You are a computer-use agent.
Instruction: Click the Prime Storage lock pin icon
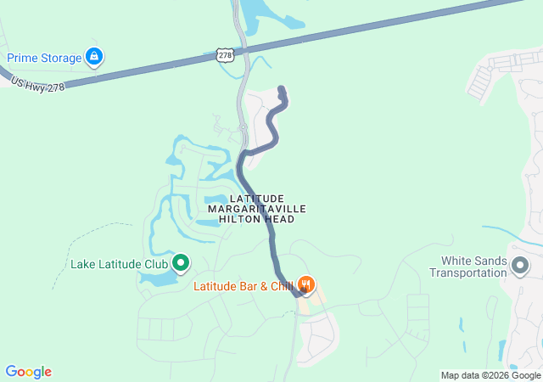(95, 58)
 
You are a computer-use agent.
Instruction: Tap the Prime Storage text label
(44, 58)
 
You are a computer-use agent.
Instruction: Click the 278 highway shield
(224, 54)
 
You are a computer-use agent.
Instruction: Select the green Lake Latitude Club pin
(181, 263)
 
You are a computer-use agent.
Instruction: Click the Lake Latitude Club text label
(119, 263)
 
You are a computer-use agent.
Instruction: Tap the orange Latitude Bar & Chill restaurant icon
(307, 285)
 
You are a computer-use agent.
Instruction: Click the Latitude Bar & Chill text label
(244, 286)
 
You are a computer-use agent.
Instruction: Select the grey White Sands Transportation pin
(520, 267)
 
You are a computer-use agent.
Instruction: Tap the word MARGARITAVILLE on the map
(257, 208)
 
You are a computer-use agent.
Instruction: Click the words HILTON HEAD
(257, 219)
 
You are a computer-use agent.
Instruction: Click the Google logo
(28, 372)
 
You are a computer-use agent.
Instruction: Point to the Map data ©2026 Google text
(490, 375)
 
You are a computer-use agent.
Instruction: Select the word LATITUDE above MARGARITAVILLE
(257, 197)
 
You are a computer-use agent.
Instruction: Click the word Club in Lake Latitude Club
(155, 263)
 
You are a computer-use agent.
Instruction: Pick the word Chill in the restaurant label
(279, 286)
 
